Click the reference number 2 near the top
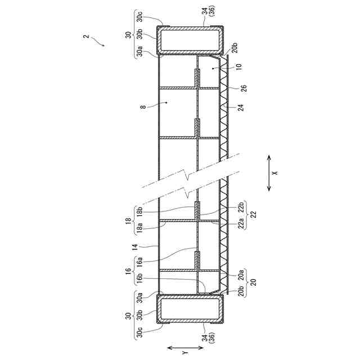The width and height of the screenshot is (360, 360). coord(86,37)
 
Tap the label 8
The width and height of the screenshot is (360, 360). coord(143,107)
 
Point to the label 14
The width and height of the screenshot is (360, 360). coord(135,247)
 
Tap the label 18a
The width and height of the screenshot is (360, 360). coord(139,228)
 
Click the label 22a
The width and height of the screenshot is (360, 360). coord(241,223)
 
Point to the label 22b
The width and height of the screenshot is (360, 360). coord(241,206)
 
